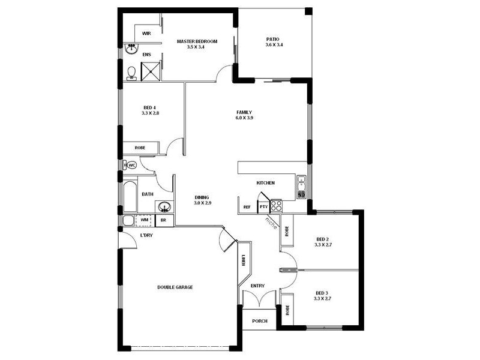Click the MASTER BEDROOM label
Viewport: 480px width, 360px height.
[197, 41]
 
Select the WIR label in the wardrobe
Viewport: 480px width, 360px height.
[146, 34]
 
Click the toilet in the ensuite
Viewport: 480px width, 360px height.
[131, 73]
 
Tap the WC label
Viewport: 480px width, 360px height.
[133, 164]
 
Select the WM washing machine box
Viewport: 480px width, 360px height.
[144, 220]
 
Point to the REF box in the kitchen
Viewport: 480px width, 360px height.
[247, 207]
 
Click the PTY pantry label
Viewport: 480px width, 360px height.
[263, 207]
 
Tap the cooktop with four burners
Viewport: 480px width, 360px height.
[276, 206]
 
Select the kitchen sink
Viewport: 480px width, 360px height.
[301, 183]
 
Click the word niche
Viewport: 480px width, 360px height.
[272, 222]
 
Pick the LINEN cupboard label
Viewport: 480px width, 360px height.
[244, 260]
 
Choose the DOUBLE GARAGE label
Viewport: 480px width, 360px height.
[175, 287]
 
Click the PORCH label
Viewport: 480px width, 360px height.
[259, 321]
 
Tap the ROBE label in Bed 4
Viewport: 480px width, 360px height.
[140, 148]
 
